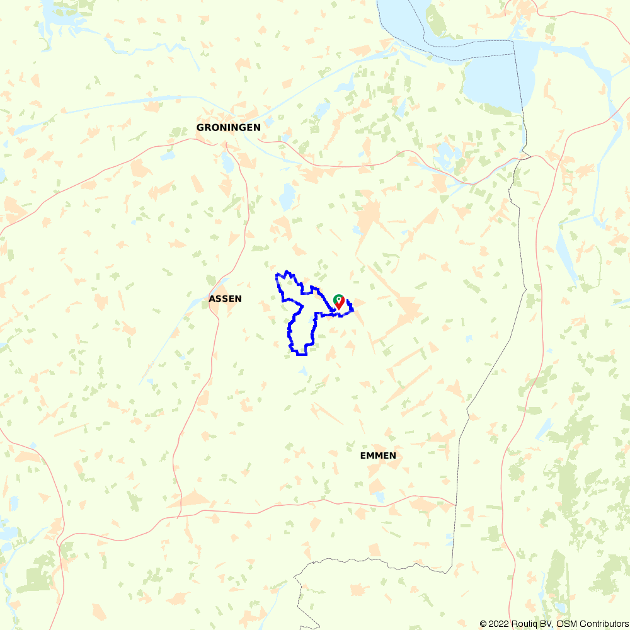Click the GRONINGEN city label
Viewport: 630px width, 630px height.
point(228,127)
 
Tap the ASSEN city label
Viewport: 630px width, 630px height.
point(225,299)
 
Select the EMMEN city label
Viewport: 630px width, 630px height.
point(378,455)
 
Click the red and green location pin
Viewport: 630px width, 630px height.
point(339,302)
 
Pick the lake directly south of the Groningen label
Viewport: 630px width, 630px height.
point(227,163)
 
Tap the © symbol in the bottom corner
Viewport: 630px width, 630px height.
point(483,624)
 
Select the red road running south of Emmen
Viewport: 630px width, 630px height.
point(353,504)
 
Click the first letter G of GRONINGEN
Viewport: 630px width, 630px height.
point(200,127)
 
